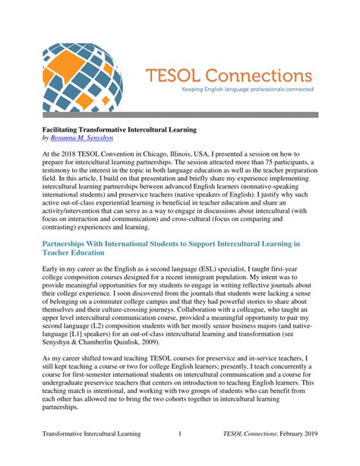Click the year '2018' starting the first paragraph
tap(67, 154)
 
